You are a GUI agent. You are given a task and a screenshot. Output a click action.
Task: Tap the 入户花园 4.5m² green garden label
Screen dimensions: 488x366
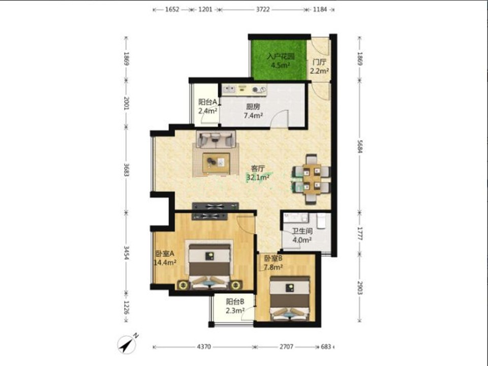pyautogui.click(x=281, y=61)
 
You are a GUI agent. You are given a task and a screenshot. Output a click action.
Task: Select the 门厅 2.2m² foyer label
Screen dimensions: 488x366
pyautogui.click(x=319, y=66)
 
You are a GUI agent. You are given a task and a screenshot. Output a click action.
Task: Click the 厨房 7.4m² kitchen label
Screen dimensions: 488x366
pyautogui.click(x=253, y=111)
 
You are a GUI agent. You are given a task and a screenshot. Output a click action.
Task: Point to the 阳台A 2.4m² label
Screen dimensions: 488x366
pyautogui.click(x=208, y=106)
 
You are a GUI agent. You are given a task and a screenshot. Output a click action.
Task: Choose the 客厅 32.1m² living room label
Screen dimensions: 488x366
pyautogui.click(x=258, y=173)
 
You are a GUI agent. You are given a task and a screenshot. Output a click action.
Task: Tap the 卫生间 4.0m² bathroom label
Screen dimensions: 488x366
pyautogui.click(x=302, y=235)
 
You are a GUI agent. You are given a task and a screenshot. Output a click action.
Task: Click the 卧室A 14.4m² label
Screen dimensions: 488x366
pyautogui.click(x=165, y=258)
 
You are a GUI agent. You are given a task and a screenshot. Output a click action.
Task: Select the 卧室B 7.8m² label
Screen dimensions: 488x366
pyautogui.click(x=273, y=262)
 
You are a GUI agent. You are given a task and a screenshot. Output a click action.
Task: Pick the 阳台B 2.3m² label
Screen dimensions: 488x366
pyautogui.click(x=235, y=306)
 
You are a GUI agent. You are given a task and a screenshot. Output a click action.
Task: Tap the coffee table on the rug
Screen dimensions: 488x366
pyautogui.click(x=217, y=163)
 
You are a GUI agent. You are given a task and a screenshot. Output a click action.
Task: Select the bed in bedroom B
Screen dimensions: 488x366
pyautogui.click(x=290, y=298)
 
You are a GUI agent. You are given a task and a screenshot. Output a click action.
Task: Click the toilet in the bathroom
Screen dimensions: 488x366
pyautogui.click(x=321, y=221)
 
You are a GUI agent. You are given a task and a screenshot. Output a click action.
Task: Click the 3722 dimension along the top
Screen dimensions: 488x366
pyautogui.click(x=263, y=9)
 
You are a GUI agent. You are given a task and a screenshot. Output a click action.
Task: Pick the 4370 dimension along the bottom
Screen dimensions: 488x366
pyautogui.click(x=204, y=346)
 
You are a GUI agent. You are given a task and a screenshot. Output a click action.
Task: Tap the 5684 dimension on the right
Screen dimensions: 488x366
pyautogui.click(x=360, y=146)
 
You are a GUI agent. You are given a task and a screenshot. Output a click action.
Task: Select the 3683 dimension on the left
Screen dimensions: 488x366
pyautogui.click(x=127, y=170)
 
